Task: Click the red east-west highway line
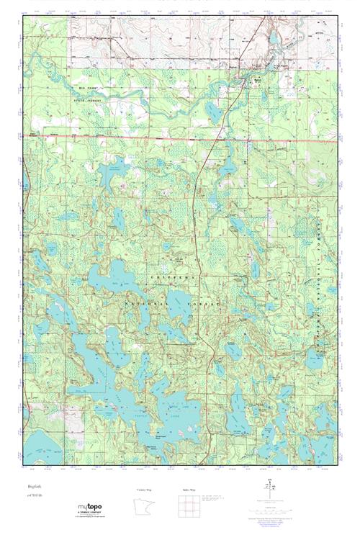(x=180, y=137)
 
